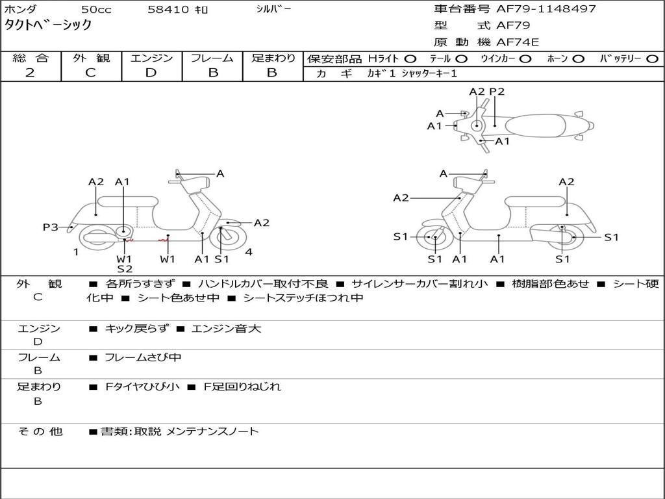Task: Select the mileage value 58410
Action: [x=168, y=10]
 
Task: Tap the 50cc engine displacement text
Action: [x=95, y=10]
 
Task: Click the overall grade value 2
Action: [x=30, y=72]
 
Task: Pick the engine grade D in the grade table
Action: [x=151, y=72]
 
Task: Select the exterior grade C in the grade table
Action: [x=90, y=72]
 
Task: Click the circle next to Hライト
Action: [x=411, y=58]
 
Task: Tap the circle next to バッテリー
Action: [x=653, y=58]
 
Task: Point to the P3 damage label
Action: [x=51, y=227]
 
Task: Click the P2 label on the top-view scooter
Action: [x=497, y=92]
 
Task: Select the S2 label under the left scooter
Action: [x=125, y=268]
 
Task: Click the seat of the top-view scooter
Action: [x=539, y=125]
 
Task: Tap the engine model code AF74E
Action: [x=518, y=42]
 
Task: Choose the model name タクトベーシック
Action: [x=48, y=25]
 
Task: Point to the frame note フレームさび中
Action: [x=143, y=357]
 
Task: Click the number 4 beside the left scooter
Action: [x=249, y=252]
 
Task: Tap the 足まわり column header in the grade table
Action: [x=273, y=58]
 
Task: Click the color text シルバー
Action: [x=273, y=9]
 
